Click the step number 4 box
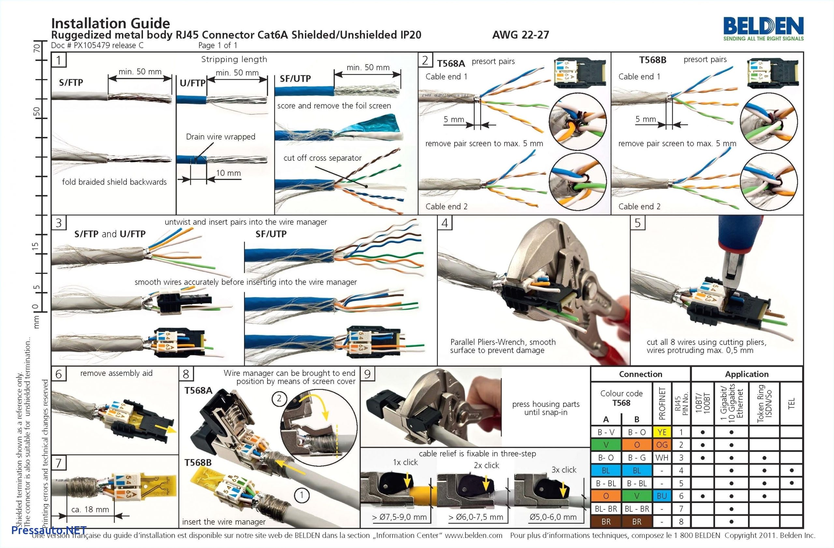(445, 223)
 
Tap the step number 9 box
(367, 374)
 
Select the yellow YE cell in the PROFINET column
(662, 432)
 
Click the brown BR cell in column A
(606, 521)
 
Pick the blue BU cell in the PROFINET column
(662, 496)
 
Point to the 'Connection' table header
(640, 374)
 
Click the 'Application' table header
(747, 374)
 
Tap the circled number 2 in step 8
(279, 398)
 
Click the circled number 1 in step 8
(301, 495)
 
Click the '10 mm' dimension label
(228, 173)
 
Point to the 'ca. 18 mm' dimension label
(90, 509)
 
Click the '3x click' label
(564, 470)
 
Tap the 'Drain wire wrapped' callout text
(221, 137)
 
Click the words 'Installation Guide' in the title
(110, 23)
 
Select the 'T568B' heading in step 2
(653, 60)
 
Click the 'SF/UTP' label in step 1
(295, 79)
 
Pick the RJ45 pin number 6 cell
(681, 496)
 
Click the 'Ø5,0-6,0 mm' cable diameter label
(553, 517)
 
